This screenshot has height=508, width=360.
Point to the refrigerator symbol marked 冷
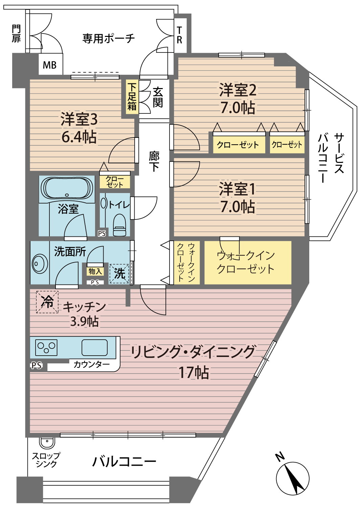click(47, 302)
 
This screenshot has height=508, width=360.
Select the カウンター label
click(92, 364)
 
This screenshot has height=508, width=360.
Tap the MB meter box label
click(50, 66)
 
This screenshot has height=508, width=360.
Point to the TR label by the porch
click(179, 35)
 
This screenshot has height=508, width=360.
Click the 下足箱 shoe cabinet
click(132, 97)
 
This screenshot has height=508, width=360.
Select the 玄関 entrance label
click(158, 98)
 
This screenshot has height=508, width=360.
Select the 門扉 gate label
click(16, 34)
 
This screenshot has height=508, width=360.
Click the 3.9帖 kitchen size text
click(84, 322)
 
